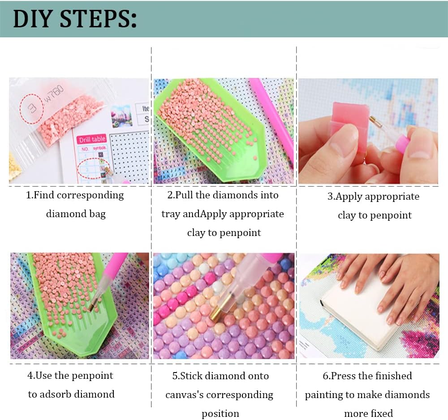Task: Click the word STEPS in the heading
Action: point(99,19)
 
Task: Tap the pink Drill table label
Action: point(92,139)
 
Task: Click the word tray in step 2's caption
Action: point(171,214)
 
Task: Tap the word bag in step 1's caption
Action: point(97,214)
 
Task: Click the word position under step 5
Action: point(220,414)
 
